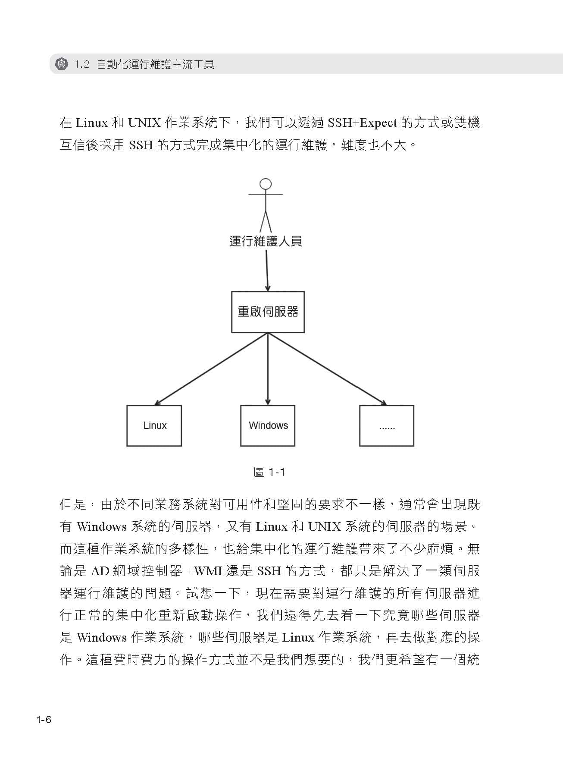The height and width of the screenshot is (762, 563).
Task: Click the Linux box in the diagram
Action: pyautogui.click(x=154, y=425)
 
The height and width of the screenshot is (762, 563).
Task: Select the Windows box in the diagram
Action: pyautogui.click(x=268, y=425)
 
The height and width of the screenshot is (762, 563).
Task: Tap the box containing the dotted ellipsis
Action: pyautogui.click(x=387, y=425)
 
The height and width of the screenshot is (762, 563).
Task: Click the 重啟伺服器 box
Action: pyautogui.click(x=268, y=312)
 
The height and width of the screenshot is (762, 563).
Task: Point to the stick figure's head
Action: pyautogui.click(x=266, y=184)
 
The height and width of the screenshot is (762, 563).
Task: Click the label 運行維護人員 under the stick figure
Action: pyautogui.click(x=266, y=241)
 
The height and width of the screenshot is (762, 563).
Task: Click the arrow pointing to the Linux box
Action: pyautogui.click(x=211, y=369)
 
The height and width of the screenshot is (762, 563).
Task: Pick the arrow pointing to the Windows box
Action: pyautogui.click(x=268, y=369)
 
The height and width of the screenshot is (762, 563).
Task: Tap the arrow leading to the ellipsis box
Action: pyautogui.click(x=328, y=369)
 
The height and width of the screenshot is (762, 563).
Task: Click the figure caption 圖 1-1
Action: pyautogui.click(x=269, y=472)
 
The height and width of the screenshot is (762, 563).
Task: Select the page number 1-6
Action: pyautogui.click(x=44, y=720)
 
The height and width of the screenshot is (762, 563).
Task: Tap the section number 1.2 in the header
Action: pyautogui.click(x=81, y=65)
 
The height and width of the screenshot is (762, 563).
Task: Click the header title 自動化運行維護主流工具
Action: pyautogui.click(x=155, y=65)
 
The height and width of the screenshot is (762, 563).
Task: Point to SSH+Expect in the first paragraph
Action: pyautogui.click(x=362, y=123)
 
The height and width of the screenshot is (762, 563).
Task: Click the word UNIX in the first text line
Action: pyautogui.click(x=144, y=123)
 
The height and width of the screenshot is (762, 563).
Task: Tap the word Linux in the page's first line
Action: pyautogui.click(x=91, y=123)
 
